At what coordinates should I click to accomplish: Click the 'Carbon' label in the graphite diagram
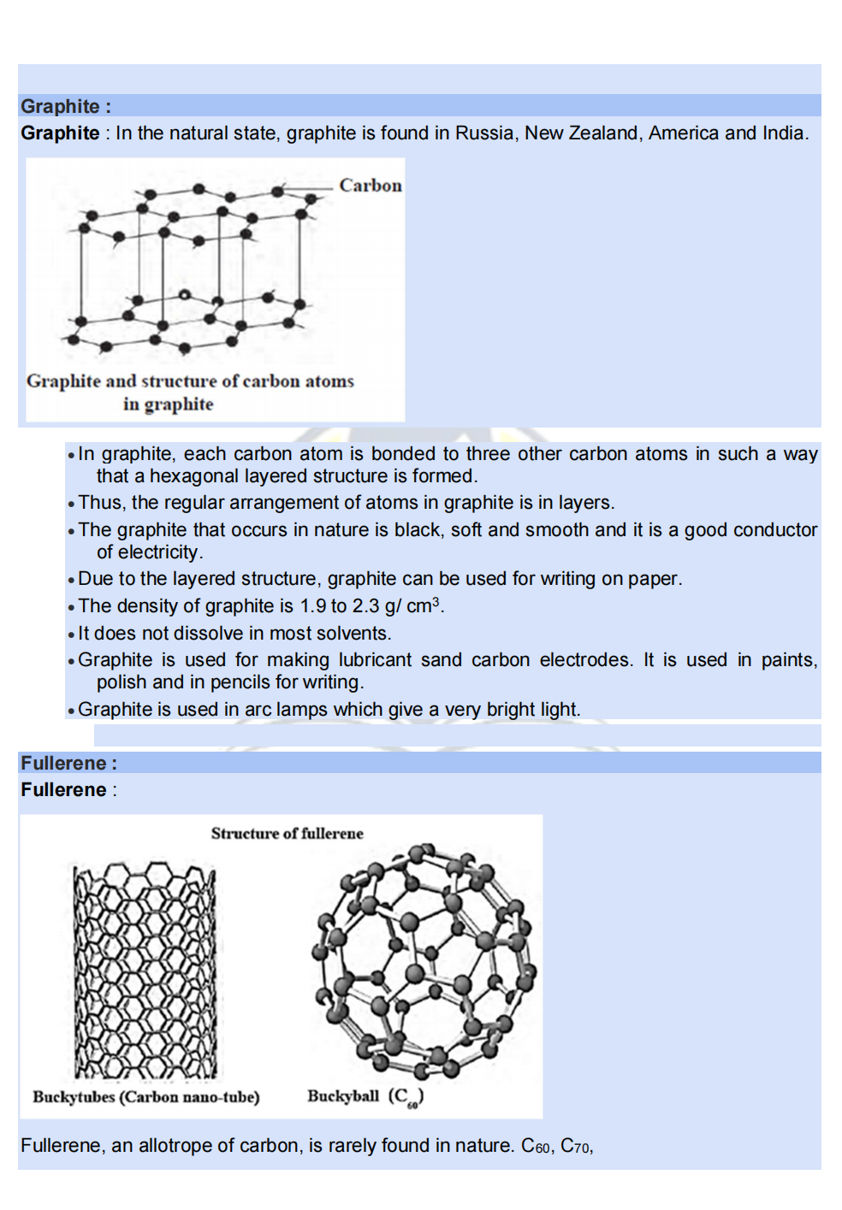pos(370,186)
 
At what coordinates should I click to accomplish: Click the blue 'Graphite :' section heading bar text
pos(66,106)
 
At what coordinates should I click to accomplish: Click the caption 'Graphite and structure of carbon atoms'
pos(190,381)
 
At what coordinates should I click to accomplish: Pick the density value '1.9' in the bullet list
pos(312,606)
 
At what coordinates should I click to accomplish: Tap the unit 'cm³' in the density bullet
pos(423,605)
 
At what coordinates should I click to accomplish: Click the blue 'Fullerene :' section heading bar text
pos(68,763)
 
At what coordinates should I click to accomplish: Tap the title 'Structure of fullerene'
pos(287,833)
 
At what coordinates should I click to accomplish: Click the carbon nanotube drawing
pos(145,971)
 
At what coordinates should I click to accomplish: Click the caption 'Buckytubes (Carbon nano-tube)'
pos(145,1096)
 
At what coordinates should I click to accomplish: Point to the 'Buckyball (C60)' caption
pos(365,1096)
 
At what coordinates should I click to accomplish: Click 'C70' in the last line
pos(575,1146)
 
